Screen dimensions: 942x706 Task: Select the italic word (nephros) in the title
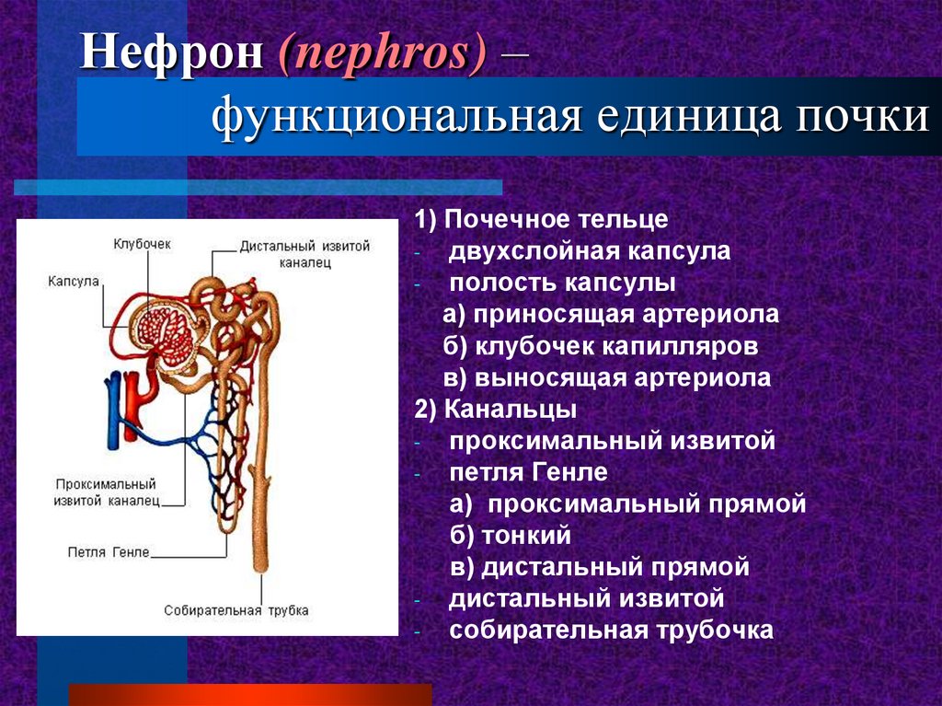click(x=381, y=55)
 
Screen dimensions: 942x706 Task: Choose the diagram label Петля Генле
click(x=108, y=552)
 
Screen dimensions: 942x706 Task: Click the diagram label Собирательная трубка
click(x=236, y=609)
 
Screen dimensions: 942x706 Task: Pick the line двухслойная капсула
click(x=590, y=251)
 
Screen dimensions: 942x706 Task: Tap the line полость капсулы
click(x=563, y=283)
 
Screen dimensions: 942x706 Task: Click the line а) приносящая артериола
click(x=610, y=314)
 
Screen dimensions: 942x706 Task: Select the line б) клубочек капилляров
click(x=600, y=346)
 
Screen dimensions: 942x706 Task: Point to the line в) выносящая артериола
click(x=606, y=377)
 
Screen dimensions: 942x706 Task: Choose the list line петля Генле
click(x=529, y=472)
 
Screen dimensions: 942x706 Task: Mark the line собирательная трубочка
click(x=611, y=631)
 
